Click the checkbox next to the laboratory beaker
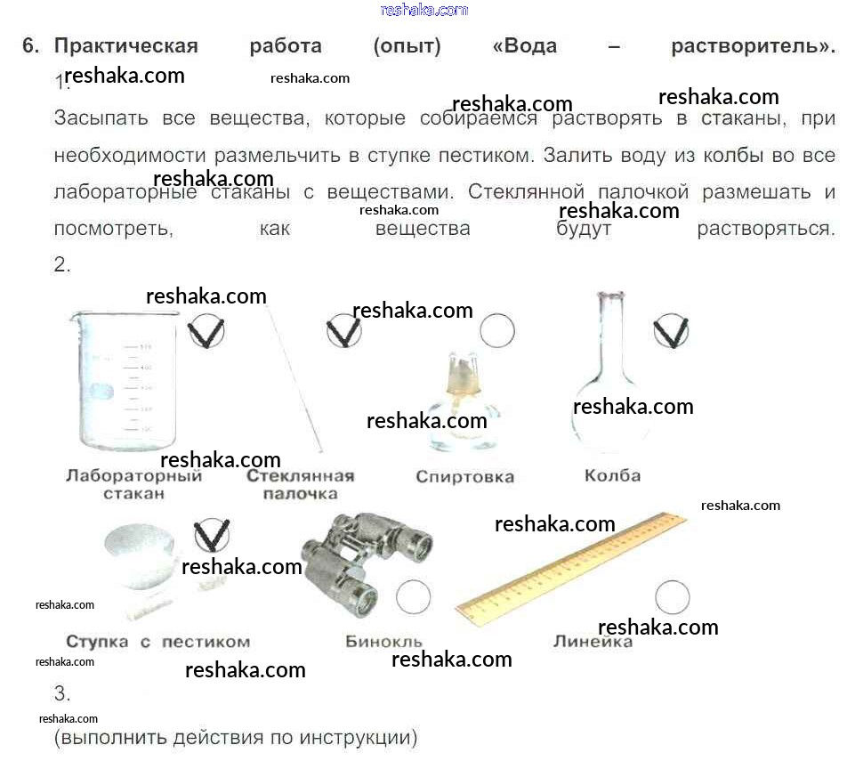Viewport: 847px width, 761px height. pyautogui.click(x=206, y=331)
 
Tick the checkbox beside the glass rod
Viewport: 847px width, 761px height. pyautogui.click(x=343, y=331)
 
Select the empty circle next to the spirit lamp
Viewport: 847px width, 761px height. pyautogui.click(x=497, y=330)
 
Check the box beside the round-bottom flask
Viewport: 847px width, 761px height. pyautogui.click(x=671, y=331)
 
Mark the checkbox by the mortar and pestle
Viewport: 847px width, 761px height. pyautogui.click(x=212, y=535)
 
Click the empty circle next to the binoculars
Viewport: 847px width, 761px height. pyautogui.click(x=413, y=596)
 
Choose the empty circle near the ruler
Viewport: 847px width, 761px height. pyautogui.click(x=672, y=597)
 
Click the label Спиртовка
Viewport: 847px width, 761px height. pyautogui.click(x=464, y=477)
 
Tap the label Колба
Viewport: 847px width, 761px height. pyautogui.click(x=612, y=476)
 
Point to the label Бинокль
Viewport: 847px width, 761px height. pyautogui.click(x=383, y=642)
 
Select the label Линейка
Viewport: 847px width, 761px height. pyautogui.click(x=593, y=642)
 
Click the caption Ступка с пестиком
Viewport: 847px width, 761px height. pyautogui.click(x=158, y=642)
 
